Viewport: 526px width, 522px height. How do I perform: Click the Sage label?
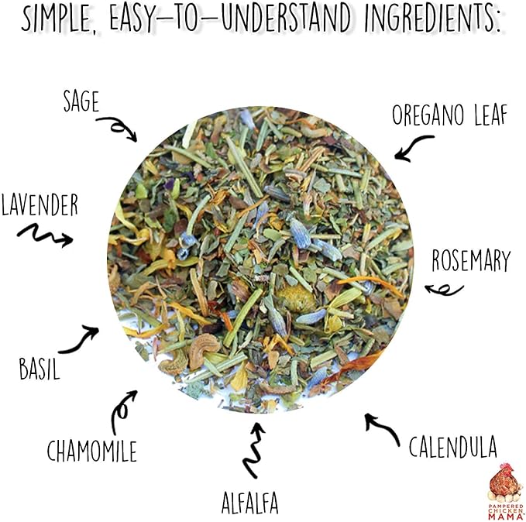click(x=81, y=101)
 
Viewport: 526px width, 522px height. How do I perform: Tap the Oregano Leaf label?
click(x=449, y=115)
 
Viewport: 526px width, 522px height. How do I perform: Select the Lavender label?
click(x=40, y=205)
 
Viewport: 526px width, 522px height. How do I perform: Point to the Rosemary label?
click(x=471, y=260)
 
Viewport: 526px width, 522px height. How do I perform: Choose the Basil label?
click(x=40, y=366)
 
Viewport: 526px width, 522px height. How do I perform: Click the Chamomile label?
click(x=91, y=451)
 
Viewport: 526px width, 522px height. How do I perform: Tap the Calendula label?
click(x=452, y=447)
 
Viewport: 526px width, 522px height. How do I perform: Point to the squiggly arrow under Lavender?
click(x=45, y=234)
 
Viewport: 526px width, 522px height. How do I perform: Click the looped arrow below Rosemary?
click(x=444, y=290)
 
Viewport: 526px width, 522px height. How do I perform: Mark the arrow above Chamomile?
click(x=123, y=409)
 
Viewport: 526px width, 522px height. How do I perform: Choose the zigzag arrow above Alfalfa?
click(x=253, y=449)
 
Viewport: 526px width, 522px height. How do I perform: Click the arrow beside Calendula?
click(x=383, y=428)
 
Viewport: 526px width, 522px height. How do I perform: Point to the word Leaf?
click(x=485, y=115)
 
